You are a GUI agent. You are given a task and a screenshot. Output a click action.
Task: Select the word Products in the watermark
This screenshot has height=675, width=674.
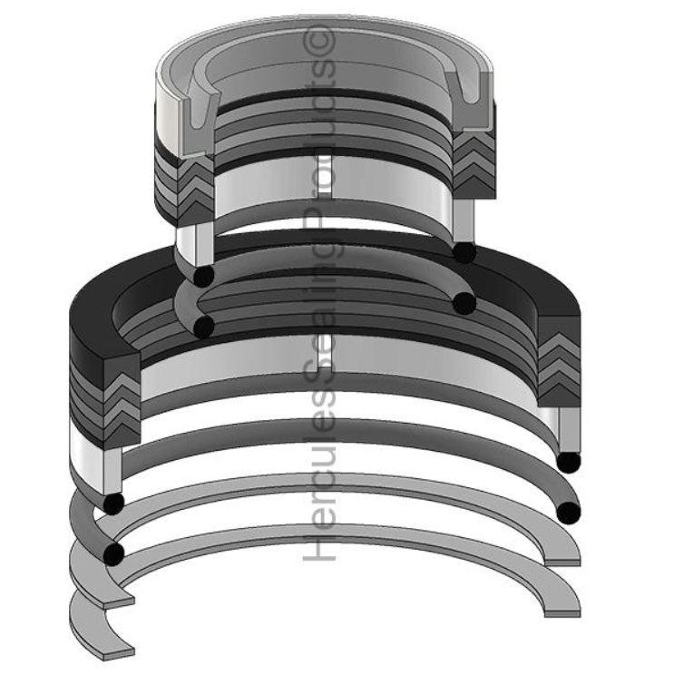click(x=323, y=218)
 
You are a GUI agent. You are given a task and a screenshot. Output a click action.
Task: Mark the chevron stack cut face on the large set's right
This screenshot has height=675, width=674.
click(x=559, y=367)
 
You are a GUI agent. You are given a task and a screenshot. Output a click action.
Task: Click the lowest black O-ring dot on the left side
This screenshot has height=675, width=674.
click(x=114, y=553)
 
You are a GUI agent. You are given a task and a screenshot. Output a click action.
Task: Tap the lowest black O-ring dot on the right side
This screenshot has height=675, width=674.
click(x=568, y=513)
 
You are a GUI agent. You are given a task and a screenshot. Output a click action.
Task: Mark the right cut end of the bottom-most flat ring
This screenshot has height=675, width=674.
click(x=564, y=607)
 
